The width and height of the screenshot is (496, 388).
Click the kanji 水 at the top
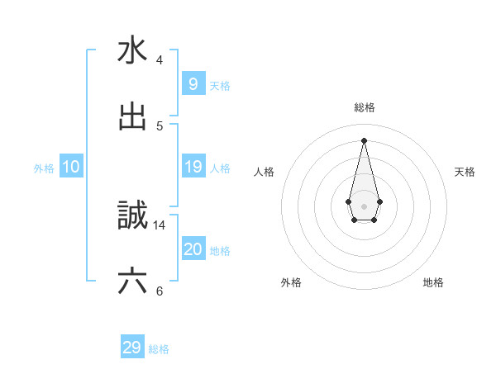pyautogui.click(x=132, y=50)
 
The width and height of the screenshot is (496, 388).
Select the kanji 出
pyautogui.click(x=132, y=117)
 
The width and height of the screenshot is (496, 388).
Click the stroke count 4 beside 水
pyautogui.click(x=160, y=59)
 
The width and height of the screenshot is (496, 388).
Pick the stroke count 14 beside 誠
pyautogui.click(x=160, y=225)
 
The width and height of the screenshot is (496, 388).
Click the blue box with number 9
pyautogui.click(x=193, y=84)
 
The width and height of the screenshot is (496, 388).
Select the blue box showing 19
pyautogui.click(x=193, y=167)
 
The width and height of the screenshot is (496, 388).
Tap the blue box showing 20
pyautogui.click(x=193, y=249)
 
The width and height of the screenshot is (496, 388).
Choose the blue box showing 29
pyautogui.click(x=132, y=348)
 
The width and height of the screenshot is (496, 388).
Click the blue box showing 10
pyautogui.click(x=71, y=167)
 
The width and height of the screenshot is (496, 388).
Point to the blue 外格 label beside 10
pyautogui.click(x=44, y=168)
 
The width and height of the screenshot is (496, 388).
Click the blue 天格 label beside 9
pyautogui.click(x=220, y=85)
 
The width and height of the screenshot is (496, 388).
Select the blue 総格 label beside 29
pyautogui.click(x=159, y=348)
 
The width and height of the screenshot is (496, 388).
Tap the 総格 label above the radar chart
pyautogui.click(x=365, y=107)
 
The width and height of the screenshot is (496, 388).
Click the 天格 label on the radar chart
pyautogui.click(x=465, y=172)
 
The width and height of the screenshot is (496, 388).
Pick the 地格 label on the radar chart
pyautogui.click(x=433, y=282)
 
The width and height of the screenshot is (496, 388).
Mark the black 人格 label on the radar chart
pyautogui.click(x=265, y=172)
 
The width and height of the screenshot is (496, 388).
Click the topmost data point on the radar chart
pyautogui.click(x=364, y=140)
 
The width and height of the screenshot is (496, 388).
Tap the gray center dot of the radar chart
pyautogui.click(x=364, y=206)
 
